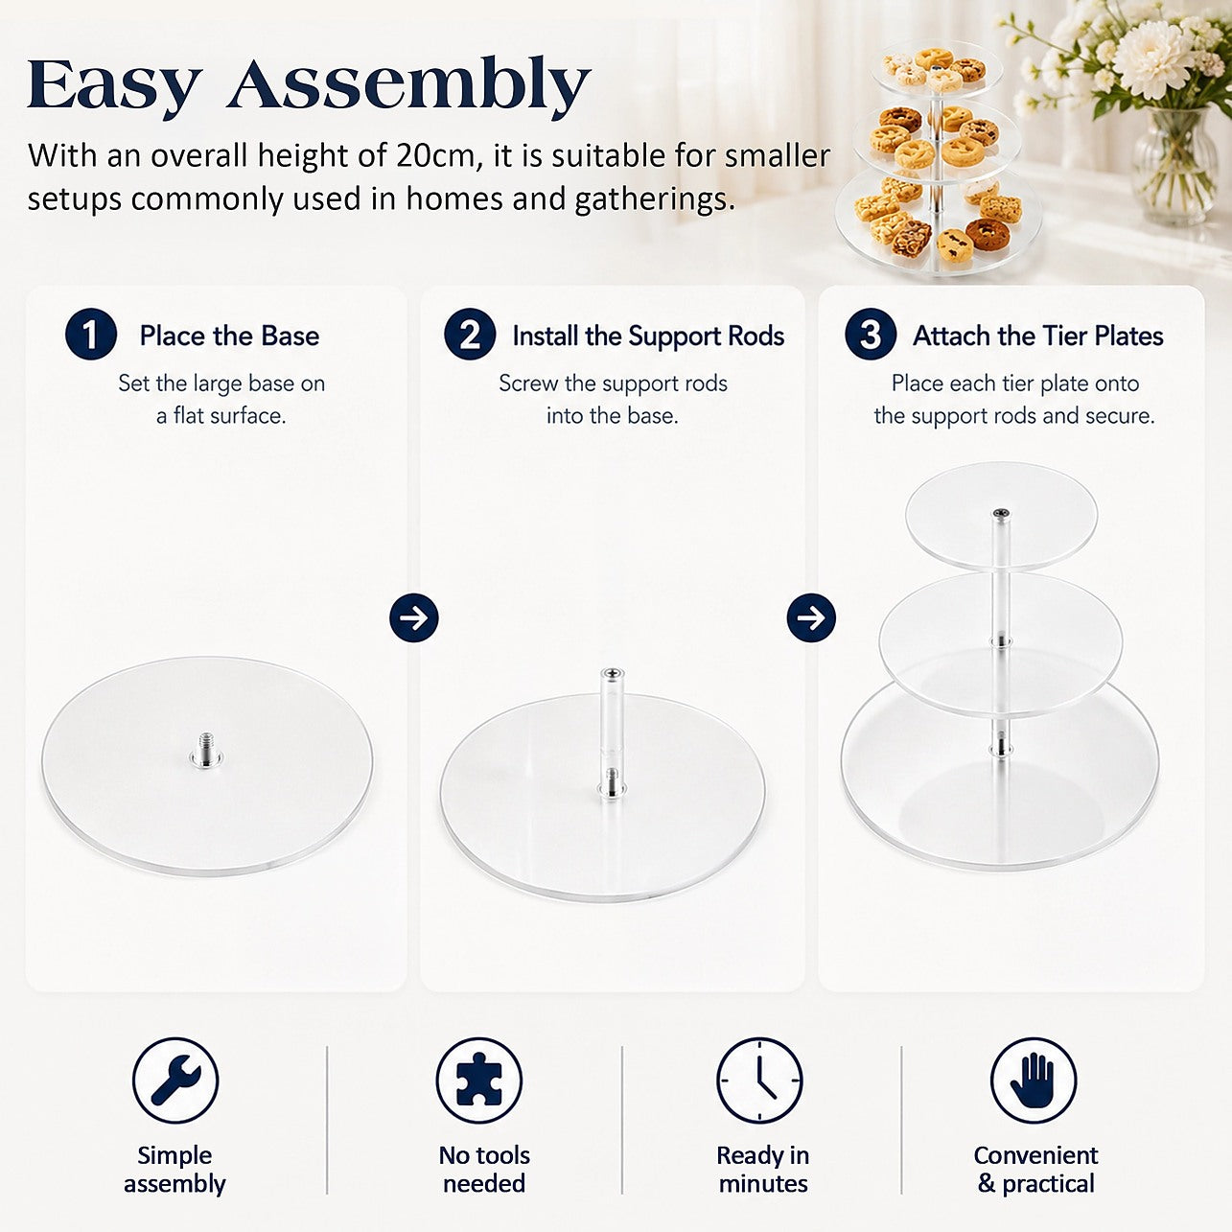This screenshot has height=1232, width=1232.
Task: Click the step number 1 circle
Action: point(91,334)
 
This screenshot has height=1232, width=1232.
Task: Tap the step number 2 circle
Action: point(470,334)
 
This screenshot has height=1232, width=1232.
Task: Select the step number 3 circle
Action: point(871,334)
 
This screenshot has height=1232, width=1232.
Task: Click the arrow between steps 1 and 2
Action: point(414,618)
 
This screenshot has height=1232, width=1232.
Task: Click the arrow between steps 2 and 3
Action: point(811,618)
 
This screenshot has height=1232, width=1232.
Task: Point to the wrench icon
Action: point(175,1081)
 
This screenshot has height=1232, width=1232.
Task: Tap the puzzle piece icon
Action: point(479,1081)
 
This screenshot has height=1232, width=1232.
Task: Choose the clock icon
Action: point(759,1081)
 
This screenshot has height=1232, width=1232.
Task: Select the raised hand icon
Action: point(1034,1081)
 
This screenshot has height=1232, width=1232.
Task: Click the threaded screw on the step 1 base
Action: point(206,748)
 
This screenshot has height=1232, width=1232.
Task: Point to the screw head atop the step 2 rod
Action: point(613,673)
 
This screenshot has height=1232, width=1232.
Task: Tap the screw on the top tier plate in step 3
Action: point(1001,513)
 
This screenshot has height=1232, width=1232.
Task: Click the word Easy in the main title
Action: point(114,85)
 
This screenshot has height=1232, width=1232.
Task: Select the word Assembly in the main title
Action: point(408,85)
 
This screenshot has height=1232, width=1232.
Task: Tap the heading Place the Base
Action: point(229,336)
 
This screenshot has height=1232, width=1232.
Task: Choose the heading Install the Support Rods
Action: point(648,337)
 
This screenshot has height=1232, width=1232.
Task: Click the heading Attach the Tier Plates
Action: point(1038,336)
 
